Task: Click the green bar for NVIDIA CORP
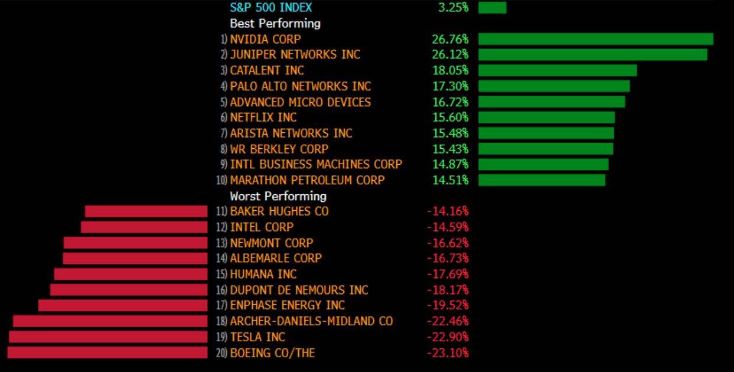pyautogui.click(x=595, y=39)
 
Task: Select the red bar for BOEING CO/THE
pyautogui.click(x=107, y=353)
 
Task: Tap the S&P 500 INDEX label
pyautogui.click(x=271, y=8)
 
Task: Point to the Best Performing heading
pyautogui.click(x=275, y=24)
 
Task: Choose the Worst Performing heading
pyautogui.click(x=278, y=196)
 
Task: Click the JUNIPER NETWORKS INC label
pyautogui.click(x=295, y=54)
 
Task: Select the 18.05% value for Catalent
pyautogui.click(x=450, y=70)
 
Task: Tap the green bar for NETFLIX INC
pyautogui.click(x=546, y=118)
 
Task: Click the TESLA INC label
pyautogui.click(x=257, y=337)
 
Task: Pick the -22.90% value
pyautogui.click(x=448, y=337)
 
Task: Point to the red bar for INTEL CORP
pyautogui.click(x=144, y=227)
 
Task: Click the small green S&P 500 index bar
pyautogui.click(x=492, y=8)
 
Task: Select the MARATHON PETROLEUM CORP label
pyautogui.click(x=307, y=180)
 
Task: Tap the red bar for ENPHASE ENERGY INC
pyautogui.click(x=123, y=305)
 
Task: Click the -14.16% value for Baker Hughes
pyautogui.click(x=448, y=211)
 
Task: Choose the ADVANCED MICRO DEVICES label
pyautogui.click(x=301, y=102)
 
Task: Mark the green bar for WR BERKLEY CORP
pyautogui.click(x=546, y=149)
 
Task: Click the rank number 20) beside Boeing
pyautogui.click(x=222, y=353)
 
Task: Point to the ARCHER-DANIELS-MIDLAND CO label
pyautogui.click(x=311, y=321)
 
